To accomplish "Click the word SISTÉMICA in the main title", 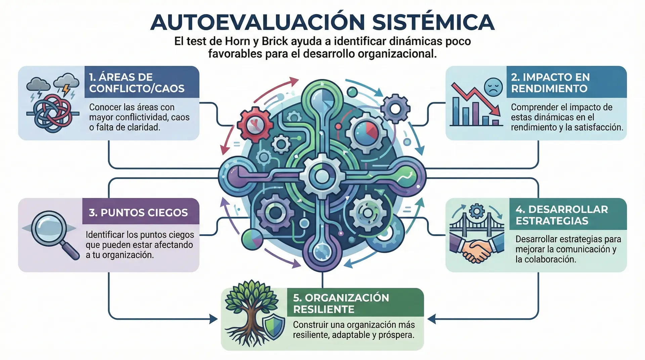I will (x=433, y=22).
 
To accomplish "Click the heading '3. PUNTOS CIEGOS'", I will (x=138, y=213).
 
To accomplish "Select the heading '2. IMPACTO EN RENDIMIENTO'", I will (x=550, y=83).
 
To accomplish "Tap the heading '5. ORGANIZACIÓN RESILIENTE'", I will (x=341, y=303).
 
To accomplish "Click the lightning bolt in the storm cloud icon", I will (x=66, y=90).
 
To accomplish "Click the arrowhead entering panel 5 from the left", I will (x=214, y=319).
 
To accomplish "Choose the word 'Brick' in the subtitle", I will (x=275, y=41).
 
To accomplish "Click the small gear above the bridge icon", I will (x=476, y=211).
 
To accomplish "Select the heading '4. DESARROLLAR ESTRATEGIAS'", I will (x=561, y=215).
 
